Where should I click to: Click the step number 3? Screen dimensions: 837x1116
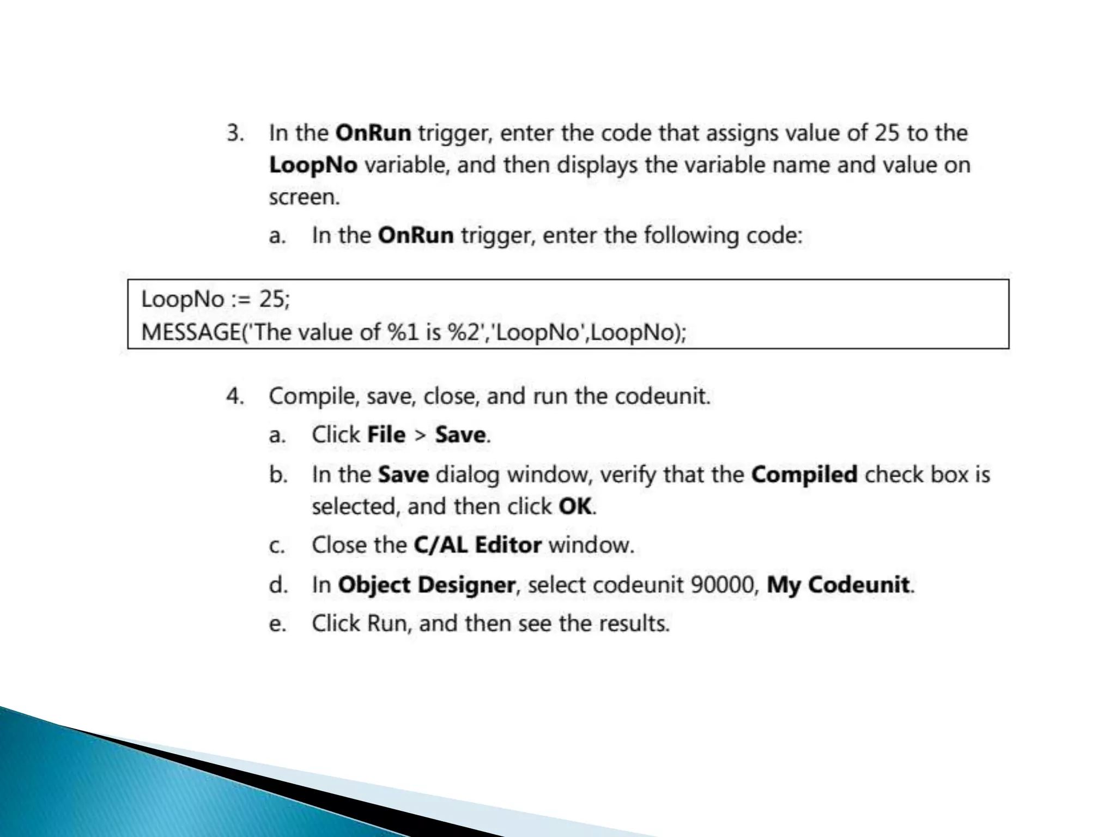(234, 134)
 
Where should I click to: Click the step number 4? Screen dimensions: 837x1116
(234, 396)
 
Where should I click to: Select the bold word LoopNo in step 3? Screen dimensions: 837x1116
(313, 165)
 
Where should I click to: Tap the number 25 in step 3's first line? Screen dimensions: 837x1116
(887, 134)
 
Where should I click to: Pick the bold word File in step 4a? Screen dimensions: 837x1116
(386, 435)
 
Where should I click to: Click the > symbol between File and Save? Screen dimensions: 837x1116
(420, 435)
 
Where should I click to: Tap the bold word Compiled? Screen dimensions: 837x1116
(804, 475)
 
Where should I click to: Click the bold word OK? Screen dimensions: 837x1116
(575, 507)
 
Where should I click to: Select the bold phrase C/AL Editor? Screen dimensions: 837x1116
(477, 545)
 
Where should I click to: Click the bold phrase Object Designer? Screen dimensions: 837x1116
(426, 585)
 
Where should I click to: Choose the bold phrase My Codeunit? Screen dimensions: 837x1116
(838, 585)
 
